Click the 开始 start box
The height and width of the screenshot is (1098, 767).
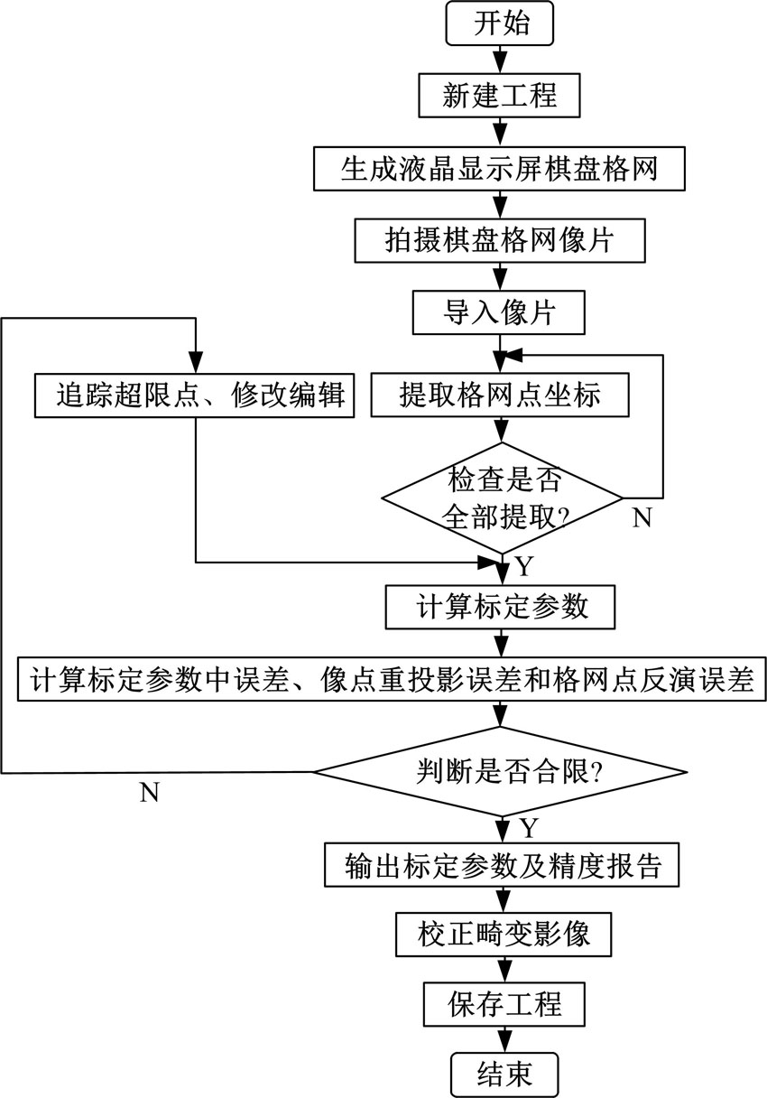coord(500,24)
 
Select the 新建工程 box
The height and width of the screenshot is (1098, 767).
coord(500,95)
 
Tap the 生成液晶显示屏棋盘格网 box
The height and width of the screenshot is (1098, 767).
coord(500,169)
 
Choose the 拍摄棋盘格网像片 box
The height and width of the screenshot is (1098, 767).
coord(500,239)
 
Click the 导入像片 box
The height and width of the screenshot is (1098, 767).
coord(499,312)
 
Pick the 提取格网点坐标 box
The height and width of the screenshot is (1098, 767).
coord(499,395)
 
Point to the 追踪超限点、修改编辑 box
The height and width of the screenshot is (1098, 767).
coord(195,395)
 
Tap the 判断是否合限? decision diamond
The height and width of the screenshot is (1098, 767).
coord(499,772)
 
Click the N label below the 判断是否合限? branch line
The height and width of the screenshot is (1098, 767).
coord(151,792)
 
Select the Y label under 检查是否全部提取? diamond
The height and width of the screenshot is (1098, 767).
coord(524,566)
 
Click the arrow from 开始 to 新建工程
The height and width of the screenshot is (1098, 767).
coord(500,60)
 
